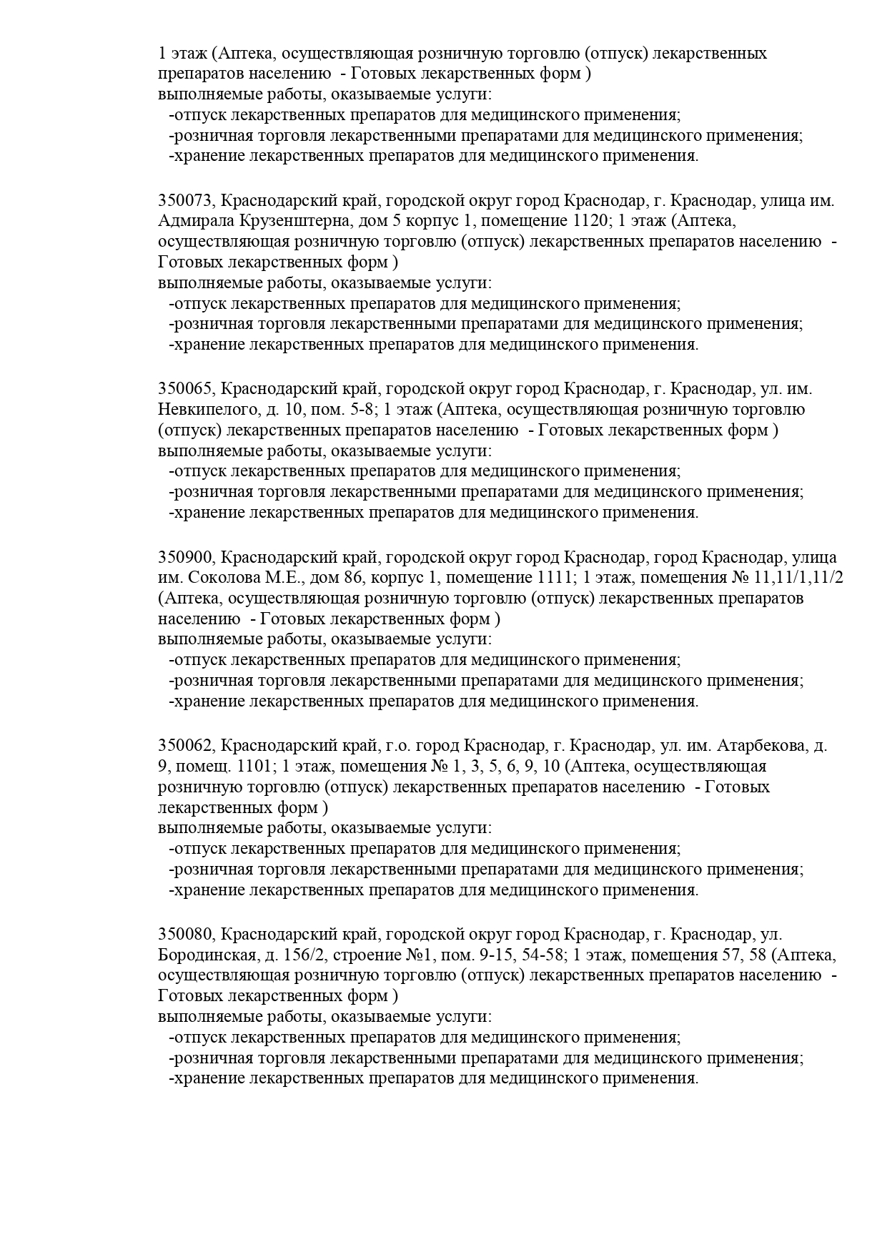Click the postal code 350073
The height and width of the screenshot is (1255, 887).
click(x=184, y=200)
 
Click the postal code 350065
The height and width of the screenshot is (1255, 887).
click(x=184, y=389)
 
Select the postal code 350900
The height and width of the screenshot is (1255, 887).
click(x=184, y=557)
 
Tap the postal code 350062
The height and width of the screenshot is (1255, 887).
click(x=184, y=746)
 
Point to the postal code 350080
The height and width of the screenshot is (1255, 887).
click(x=184, y=935)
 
